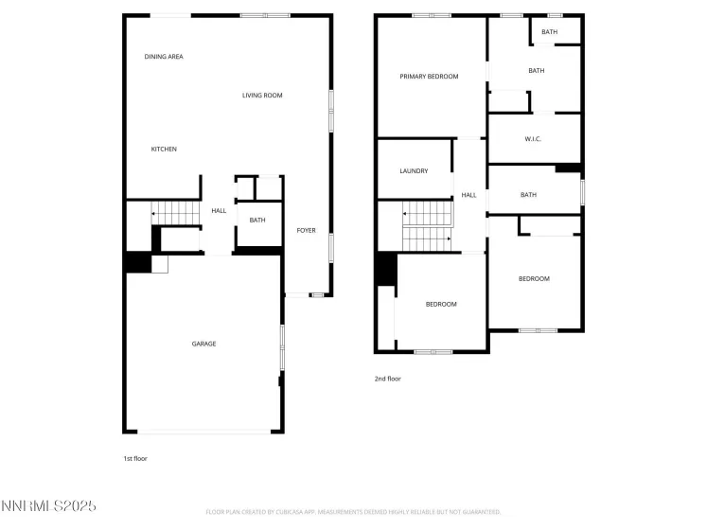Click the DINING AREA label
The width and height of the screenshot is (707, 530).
[x=164, y=57]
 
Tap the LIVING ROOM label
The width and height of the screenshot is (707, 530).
[x=262, y=96]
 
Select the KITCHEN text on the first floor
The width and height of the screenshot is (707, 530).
[x=164, y=150]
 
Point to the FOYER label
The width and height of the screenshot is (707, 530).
[x=306, y=231]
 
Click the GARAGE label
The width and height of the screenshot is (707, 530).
[x=203, y=344]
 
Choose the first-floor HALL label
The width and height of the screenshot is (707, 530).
[x=219, y=211]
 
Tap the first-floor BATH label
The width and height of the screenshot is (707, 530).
[x=257, y=221]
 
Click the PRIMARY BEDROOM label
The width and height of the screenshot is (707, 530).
[x=429, y=77]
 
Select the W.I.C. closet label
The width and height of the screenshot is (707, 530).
[x=534, y=140]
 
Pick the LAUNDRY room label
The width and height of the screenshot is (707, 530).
[x=414, y=171]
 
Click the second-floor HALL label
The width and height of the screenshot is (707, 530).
[x=468, y=196]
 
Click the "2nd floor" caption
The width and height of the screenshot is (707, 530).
[x=388, y=379]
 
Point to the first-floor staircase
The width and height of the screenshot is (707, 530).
[x=177, y=215]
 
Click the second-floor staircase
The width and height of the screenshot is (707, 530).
[x=427, y=228]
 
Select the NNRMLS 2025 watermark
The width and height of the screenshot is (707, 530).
[x=49, y=506]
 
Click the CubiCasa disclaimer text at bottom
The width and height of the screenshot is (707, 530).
[x=353, y=512]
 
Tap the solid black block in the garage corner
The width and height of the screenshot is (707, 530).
[x=138, y=261]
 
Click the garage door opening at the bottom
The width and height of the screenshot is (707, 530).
[x=203, y=432]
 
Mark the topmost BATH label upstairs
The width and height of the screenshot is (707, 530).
[x=550, y=32]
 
